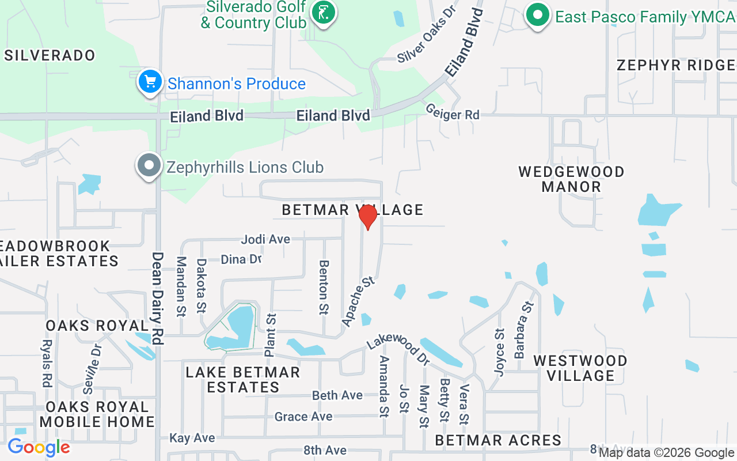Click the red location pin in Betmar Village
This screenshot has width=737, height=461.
pos(367,217)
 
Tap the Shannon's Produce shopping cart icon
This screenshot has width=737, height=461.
pos(150,82)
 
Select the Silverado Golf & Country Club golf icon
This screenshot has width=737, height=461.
pos(323,13)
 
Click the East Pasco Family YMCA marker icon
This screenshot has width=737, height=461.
pos(537,16)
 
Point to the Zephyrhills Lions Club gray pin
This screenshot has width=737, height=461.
pos(149,166)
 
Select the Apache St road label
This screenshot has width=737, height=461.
pos(358,301)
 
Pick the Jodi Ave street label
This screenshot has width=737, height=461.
pos(265,239)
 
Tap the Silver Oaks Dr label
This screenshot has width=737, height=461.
pos(427,35)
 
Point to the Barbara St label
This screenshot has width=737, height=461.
pos(525,329)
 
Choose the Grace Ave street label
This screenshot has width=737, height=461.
pos(303,416)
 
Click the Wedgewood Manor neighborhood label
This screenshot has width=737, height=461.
pos(571,179)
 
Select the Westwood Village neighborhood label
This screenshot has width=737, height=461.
pos(580,368)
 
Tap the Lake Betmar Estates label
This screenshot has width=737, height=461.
pos(243,380)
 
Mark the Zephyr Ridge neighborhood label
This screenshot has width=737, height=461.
pos(676,65)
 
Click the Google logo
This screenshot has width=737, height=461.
pos(39,447)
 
